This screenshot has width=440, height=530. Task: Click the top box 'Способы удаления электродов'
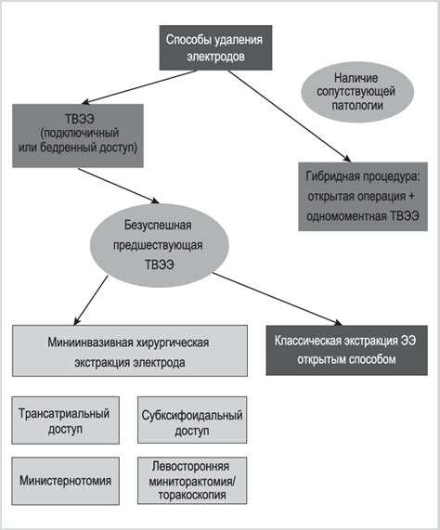pos(215,47)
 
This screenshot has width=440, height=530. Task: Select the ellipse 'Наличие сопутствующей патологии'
pos(357,92)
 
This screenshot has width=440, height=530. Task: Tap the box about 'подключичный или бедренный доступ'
pos(78,136)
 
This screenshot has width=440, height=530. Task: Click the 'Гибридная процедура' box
pos(363,197)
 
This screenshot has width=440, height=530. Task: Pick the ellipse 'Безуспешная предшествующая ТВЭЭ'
pos(159,245)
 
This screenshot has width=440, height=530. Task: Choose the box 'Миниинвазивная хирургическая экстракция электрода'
pos(130,351)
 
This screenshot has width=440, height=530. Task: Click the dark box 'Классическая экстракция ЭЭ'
pos(347,350)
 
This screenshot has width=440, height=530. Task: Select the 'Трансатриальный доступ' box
pos(66,420)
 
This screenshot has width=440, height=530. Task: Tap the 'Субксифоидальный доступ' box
pos(192,420)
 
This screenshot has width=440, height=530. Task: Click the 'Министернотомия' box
pos(66,481)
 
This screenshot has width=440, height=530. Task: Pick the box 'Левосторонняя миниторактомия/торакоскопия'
pos(192,481)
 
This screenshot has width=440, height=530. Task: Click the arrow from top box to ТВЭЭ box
pos(139,86)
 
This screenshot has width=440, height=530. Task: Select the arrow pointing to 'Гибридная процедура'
pos(290,116)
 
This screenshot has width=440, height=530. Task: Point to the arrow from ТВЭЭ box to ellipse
pos(118,186)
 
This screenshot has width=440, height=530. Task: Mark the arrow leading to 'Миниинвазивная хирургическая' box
pos(91,300)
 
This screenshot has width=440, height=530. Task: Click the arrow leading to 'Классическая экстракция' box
pos(278,299)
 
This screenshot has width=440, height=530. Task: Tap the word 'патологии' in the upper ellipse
pos(357,106)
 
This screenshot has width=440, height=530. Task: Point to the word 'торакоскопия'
pos(192,495)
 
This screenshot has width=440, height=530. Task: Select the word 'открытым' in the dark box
pos(320,359)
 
